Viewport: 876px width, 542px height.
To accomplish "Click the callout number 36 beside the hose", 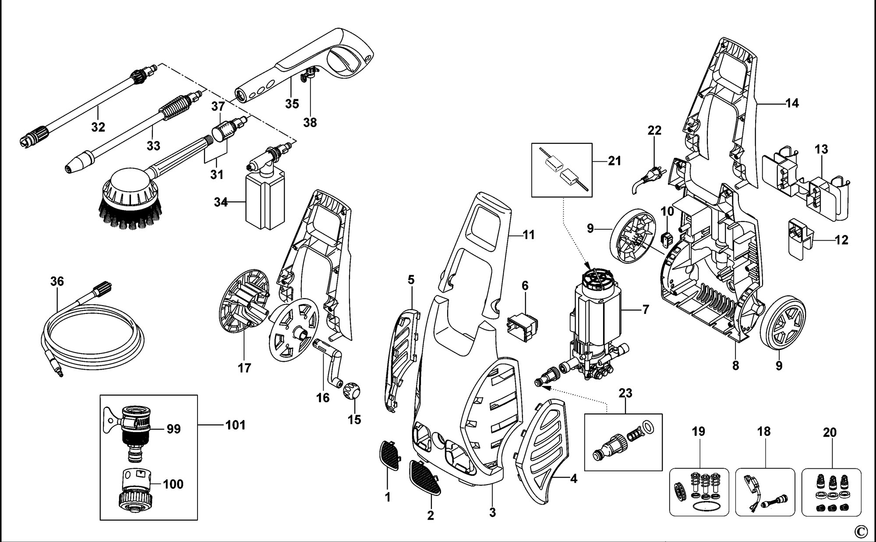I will (x=57, y=282).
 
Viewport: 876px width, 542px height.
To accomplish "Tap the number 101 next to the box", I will (x=235, y=425).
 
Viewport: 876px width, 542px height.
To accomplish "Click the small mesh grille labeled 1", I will (x=389, y=455).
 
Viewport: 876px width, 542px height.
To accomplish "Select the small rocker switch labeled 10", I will (x=667, y=239).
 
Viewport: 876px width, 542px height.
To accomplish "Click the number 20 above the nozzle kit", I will (x=830, y=432).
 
